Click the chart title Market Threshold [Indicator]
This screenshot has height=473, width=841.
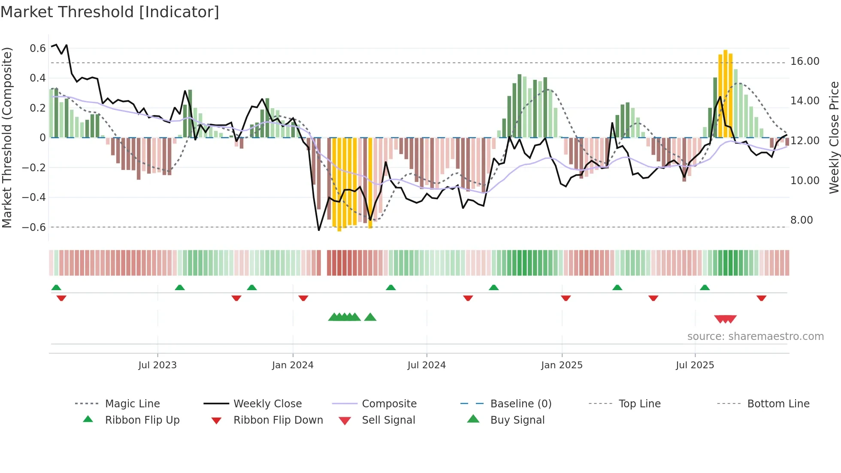(110, 12)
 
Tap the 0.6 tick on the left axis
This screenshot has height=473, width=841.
(38, 49)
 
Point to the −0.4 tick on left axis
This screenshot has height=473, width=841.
(34, 197)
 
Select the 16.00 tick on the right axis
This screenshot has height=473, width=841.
(805, 61)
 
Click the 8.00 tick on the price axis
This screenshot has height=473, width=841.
(802, 220)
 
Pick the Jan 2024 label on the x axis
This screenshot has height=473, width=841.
(293, 365)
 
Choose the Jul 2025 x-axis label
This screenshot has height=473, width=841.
(695, 365)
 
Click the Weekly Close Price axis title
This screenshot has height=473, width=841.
(834, 137)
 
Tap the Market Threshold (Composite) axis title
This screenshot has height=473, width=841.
(7, 137)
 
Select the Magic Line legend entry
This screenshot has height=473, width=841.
(132, 404)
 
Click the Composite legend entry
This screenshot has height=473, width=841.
(389, 404)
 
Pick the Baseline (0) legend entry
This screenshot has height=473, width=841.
(520, 404)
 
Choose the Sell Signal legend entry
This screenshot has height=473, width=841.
(388, 420)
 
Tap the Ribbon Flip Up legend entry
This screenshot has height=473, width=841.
(142, 420)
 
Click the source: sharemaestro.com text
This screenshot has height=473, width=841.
(755, 337)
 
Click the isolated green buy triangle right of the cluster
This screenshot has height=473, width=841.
(370, 317)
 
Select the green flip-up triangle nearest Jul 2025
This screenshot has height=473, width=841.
(705, 288)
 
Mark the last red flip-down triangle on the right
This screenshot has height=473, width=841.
(761, 298)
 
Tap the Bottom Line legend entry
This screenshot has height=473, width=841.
(778, 404)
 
